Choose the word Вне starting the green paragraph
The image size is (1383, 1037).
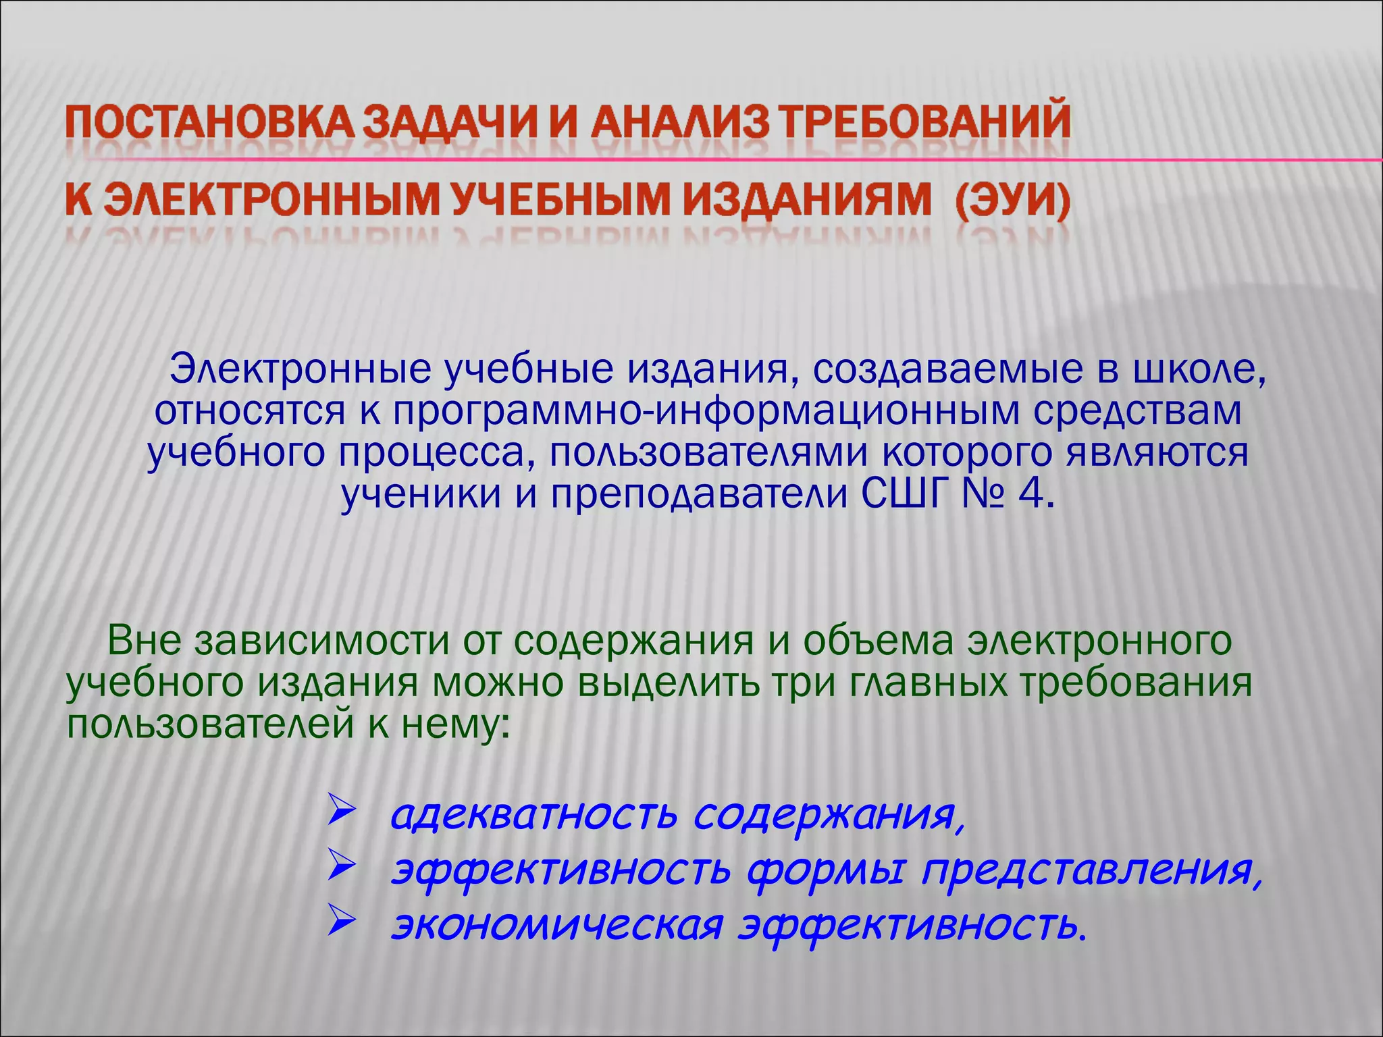click(x=145, y=641)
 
